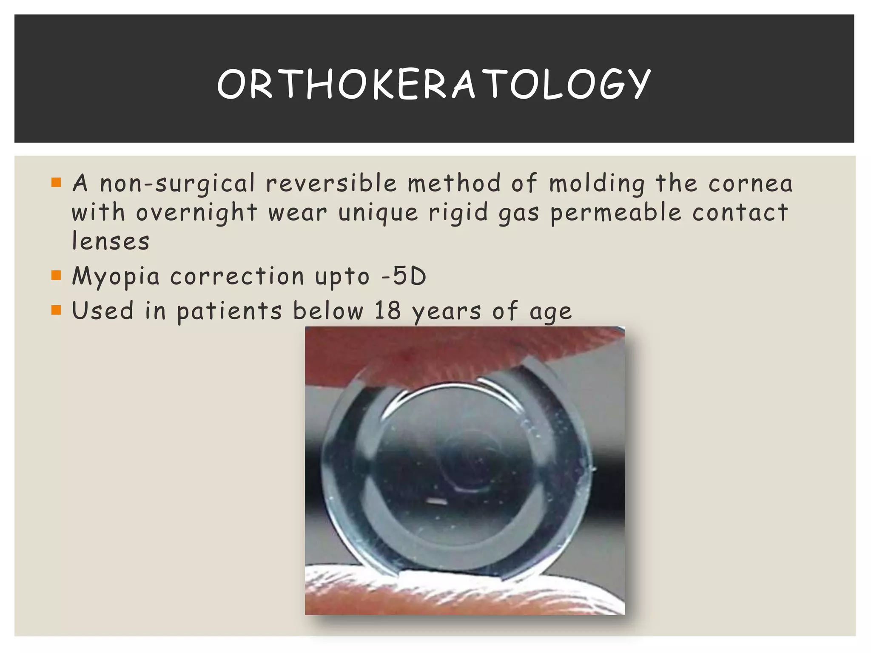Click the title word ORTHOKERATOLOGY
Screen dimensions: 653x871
point(434,84)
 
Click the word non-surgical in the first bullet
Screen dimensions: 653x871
point(177,184)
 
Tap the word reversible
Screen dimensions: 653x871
point(331,184)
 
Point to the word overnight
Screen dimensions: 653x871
point(196,213)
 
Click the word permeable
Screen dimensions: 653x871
point(616,213)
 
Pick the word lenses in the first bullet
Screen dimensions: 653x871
point(111,241)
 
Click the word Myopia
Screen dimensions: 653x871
point(116,277)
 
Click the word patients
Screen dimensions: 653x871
point(229,311)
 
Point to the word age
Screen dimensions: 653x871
point(551,312)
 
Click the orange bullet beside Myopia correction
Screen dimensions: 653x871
point(56,275)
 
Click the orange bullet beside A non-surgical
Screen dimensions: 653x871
point(56,182)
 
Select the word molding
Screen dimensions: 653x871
point(597,184)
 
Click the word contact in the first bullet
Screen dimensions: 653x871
point(740,213)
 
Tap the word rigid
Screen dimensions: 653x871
point(458,213)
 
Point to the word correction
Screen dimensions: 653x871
point(237,277)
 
